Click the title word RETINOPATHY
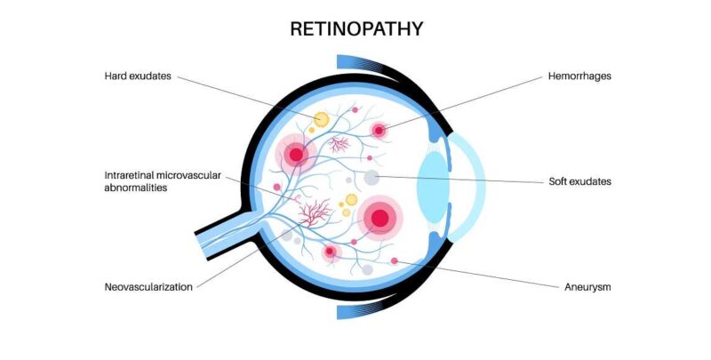pyautogui.click(x=355, y=29)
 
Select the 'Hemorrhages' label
pyautogui.click(x=579, y=76)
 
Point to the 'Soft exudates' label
pyautogui.click(x=580, y=182)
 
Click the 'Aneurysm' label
pyautogui.click(x=587, y=287)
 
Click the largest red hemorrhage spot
pyautogui.click(x=380, y=217)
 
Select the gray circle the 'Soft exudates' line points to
pyautogui.click(x=371, y=178)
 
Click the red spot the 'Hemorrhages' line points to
pyautogui.click(x=379, y=131)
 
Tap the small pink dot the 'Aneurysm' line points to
pyautogui.click(x=395, y=260)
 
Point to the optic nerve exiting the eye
pyautogui.click(x=222, y=236)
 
